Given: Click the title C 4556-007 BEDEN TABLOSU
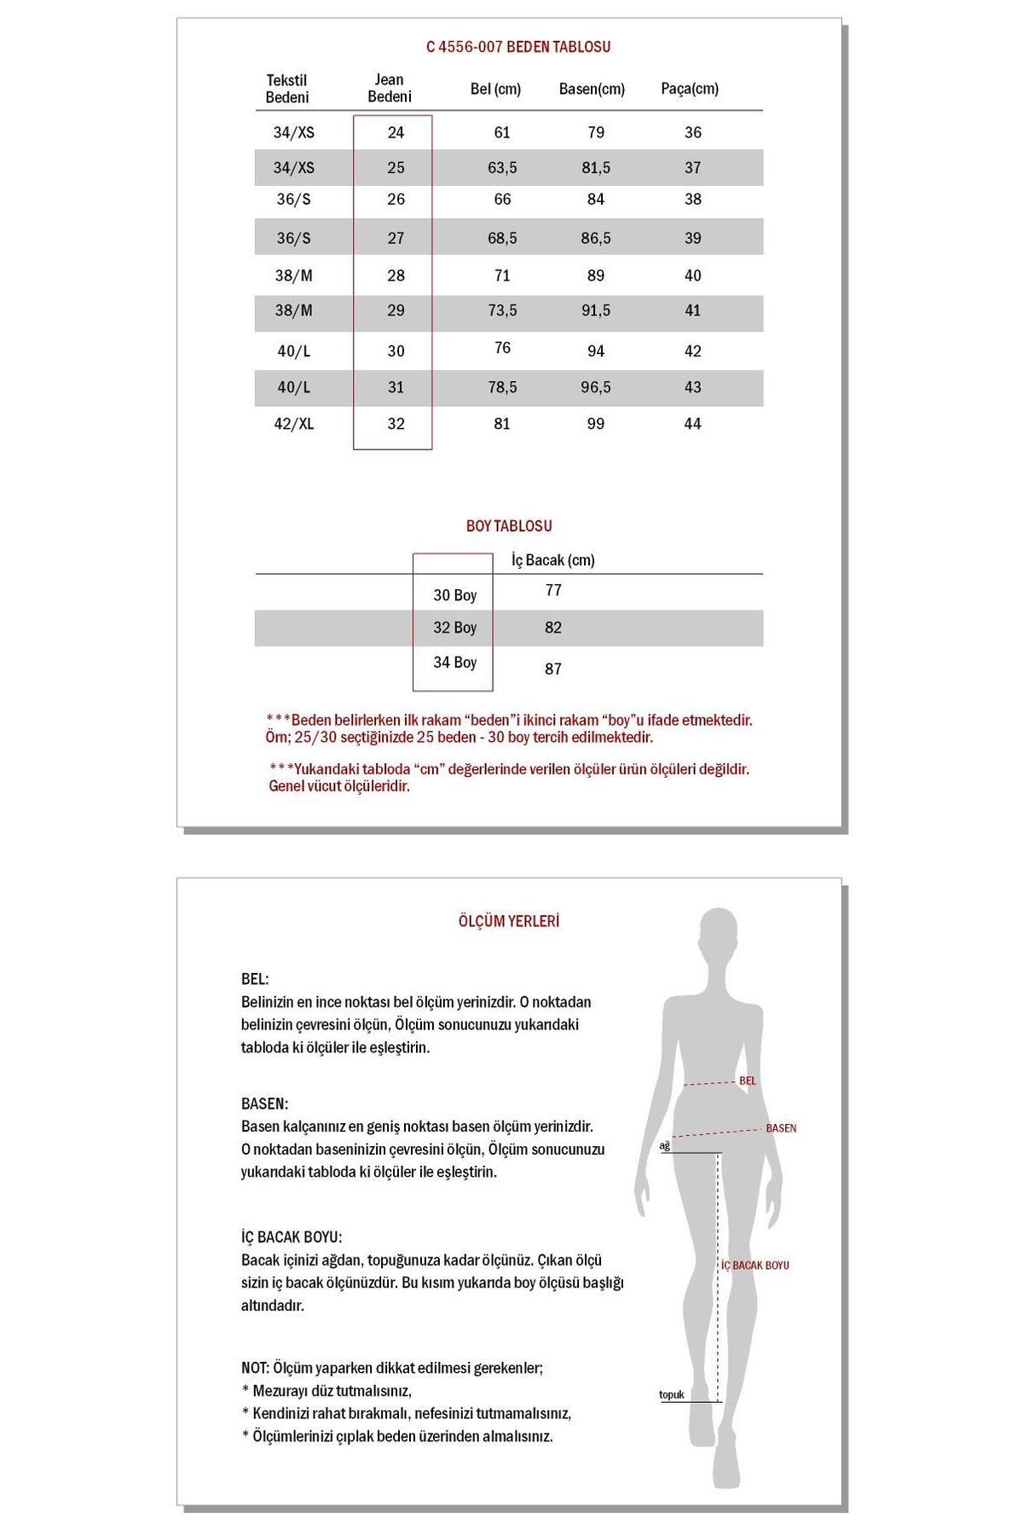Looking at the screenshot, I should (x=518, y=48).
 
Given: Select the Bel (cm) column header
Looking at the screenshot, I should (x=495, y=89).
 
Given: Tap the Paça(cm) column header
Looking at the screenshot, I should (x=690, y=89).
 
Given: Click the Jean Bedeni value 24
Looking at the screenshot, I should (x=396, y=133).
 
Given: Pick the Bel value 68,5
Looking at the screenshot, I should (x=502, y=238).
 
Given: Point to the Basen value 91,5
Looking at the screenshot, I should (x=596, y=310).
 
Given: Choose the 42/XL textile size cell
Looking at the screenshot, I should (x=294, y=424).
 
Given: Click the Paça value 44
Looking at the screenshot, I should (x=692, y=424).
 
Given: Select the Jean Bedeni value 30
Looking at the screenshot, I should (x=396, y=351).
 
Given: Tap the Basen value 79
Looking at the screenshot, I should (x=596, y=133).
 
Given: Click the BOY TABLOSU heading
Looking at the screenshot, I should (x=509, y=526).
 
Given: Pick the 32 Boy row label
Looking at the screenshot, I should (x=454, y=628).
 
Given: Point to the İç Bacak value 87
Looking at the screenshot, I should (x=553, y=669).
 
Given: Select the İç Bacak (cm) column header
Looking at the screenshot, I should (x=553, y=560).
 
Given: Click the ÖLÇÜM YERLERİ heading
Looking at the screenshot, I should (x=509, y=922).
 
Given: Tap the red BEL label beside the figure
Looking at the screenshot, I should (x=748, y=1081).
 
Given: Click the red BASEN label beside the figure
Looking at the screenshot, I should (x=781, y=1128).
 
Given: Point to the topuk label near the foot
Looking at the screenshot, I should (x=672, y=1395).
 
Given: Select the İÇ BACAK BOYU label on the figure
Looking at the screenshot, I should (x=755, y=1266).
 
